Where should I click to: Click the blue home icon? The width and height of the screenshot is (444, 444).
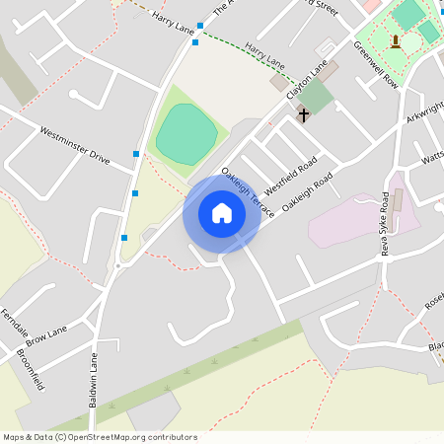[222, 213]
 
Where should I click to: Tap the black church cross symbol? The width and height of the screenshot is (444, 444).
[303, 115]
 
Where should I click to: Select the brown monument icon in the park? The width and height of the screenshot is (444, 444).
[396, 40]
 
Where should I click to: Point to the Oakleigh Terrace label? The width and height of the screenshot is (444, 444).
[248, 193]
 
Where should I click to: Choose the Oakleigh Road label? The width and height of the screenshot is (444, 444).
[308, 192]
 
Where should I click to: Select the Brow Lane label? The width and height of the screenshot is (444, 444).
[49, 335]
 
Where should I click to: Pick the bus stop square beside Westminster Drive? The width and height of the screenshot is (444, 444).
[136, 154]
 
